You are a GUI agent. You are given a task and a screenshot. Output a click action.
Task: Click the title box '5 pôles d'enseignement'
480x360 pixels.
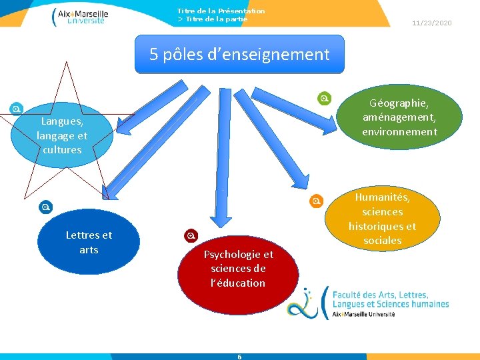tap(239, 54)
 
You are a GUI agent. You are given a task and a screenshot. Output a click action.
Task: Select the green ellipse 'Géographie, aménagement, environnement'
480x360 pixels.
tap(399, 117)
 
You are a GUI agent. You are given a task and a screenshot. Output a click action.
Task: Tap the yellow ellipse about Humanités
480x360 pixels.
tap(382, 219)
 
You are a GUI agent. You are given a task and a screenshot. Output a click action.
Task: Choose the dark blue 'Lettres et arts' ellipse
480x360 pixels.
tap(89, 242)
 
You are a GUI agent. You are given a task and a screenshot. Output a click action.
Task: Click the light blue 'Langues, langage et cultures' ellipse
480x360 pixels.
tap(62, 135)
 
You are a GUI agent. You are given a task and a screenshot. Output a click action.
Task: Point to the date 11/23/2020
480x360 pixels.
tap(431, 23)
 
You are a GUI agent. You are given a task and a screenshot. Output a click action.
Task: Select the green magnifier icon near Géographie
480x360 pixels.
tap(324, 99)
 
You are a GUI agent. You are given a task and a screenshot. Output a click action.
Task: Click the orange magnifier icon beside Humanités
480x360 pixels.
tap(317, 201)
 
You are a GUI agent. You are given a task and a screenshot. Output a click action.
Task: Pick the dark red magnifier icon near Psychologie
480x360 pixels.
tap(191, 235)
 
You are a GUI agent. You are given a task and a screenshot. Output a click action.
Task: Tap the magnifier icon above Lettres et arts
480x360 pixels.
tap(45, 207)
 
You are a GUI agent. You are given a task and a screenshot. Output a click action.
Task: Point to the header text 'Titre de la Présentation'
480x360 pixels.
tap(221, 11)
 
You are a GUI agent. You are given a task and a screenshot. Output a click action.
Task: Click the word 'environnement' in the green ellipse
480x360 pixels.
tap(399, 132)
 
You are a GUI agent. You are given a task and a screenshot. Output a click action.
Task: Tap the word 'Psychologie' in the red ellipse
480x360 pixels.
tap(238, 254)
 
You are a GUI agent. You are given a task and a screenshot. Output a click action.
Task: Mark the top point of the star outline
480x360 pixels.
tap(66, 62)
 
